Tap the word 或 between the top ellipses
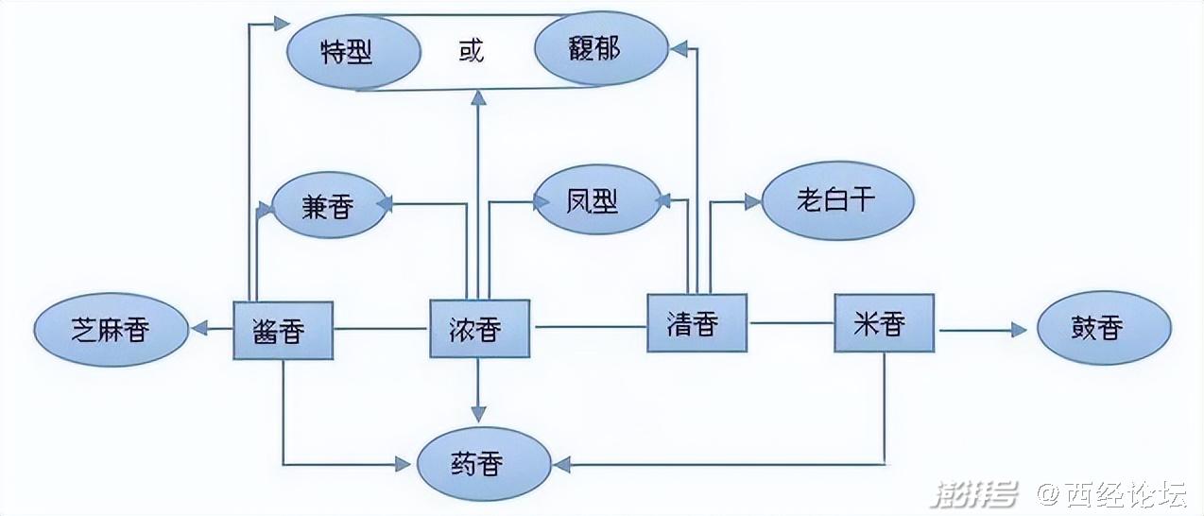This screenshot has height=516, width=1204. tap(472, 51)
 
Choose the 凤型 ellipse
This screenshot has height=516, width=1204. tap(593, 200)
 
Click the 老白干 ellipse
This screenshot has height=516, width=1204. tap(837, 200)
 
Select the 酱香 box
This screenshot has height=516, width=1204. tap(283, 330)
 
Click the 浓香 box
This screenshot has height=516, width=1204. tap(479, 328)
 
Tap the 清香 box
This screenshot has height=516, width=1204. tap(697, 323)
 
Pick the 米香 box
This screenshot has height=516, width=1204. tap(884, 323)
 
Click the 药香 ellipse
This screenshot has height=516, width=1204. tap(484, 464)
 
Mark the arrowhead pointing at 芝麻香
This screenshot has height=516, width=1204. tap(198, 329)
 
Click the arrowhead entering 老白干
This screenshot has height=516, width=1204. tap(753, 200)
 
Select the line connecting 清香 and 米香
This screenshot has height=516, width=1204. tap(790, 323)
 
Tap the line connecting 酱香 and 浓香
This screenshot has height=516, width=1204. tap(381, 329)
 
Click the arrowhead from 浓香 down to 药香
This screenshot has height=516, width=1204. tap(479, 413)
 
